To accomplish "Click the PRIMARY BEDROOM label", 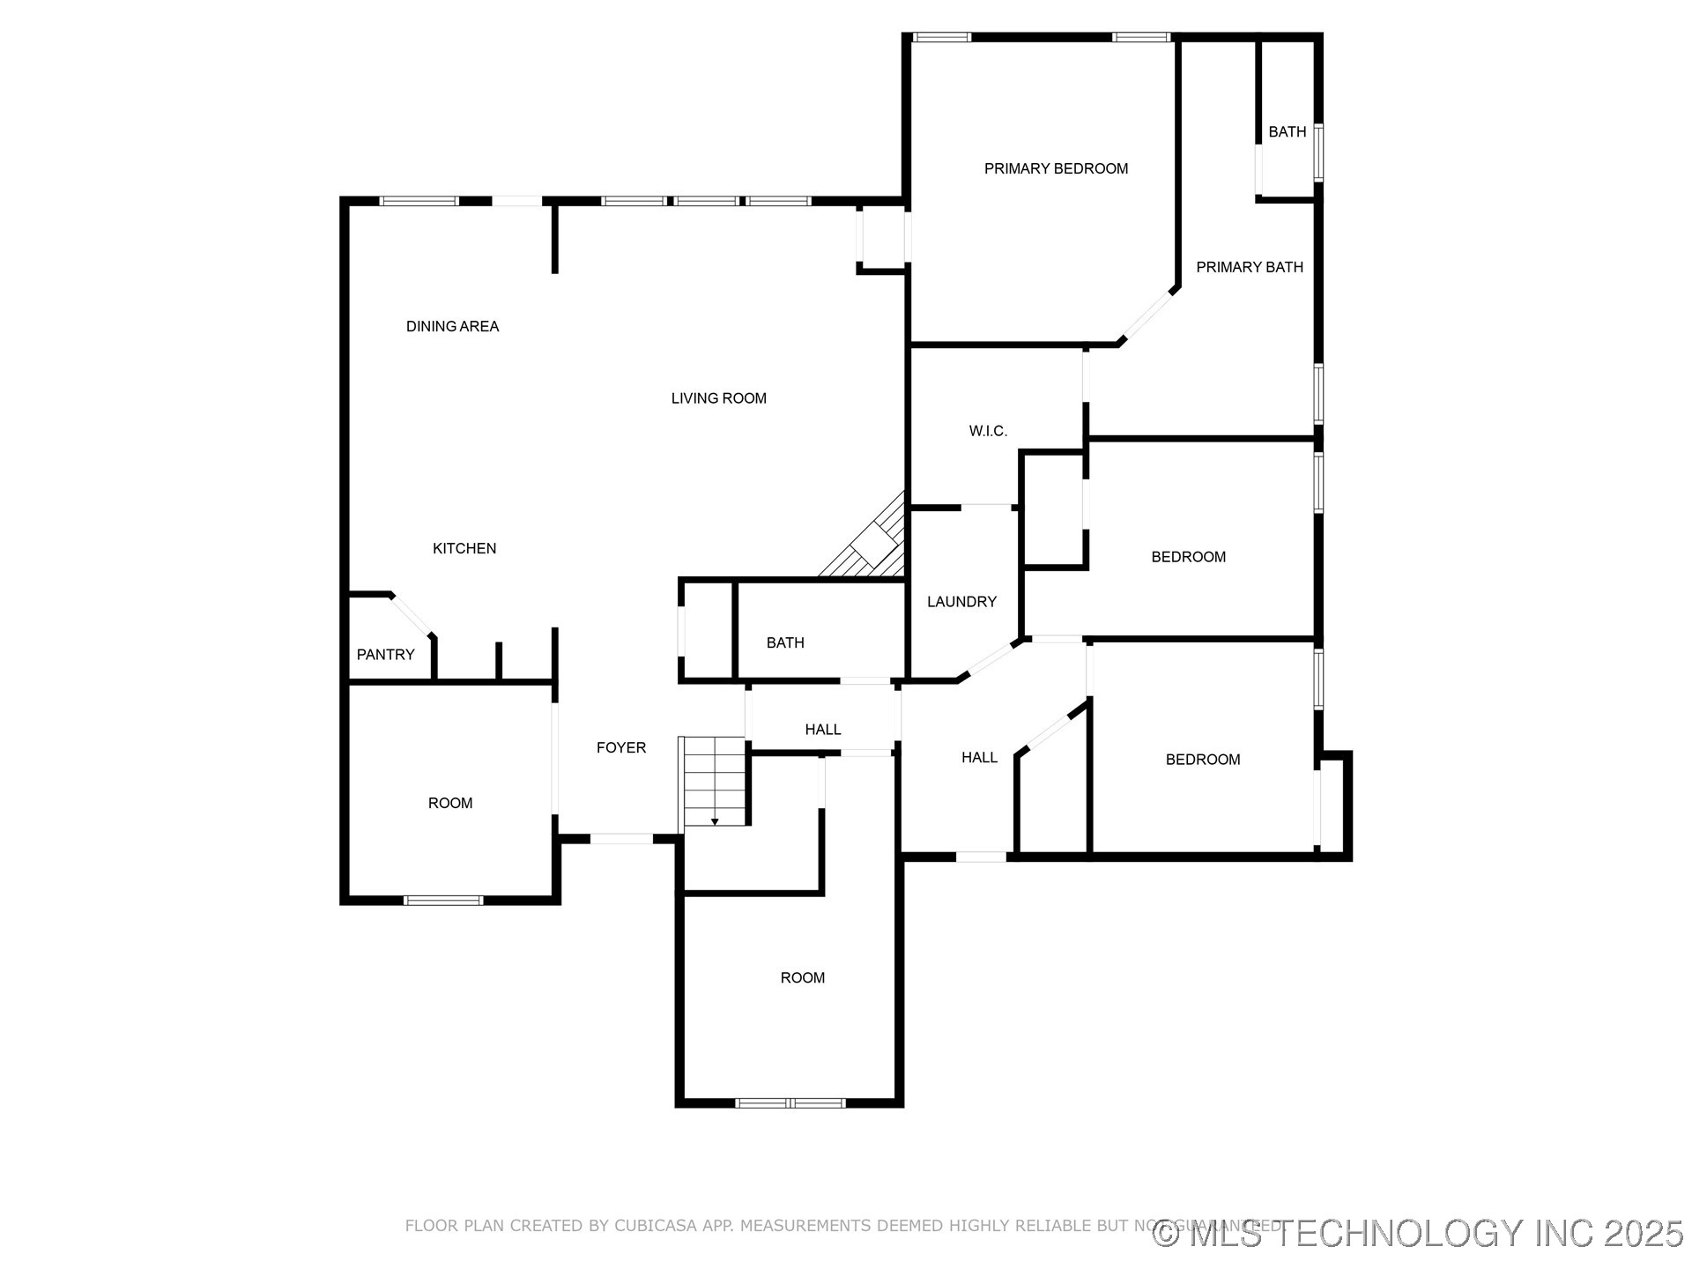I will tap(1056, 168).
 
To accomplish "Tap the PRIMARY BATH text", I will tap(1249, 267).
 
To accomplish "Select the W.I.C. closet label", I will tap(988, 431).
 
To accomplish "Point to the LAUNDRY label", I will tap(961, 602).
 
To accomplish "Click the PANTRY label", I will tap(385, 655).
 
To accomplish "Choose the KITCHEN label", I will tap(464, 548).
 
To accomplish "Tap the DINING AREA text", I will tap(452, 326).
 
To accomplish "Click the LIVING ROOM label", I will tap(718, 398).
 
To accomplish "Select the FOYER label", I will tap(621, 747).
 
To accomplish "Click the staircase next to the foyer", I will tap(715, 780).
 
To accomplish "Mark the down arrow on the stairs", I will tap(715, 820).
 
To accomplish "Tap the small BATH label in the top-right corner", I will tap(1287, 132).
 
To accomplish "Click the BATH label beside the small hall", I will tap(784, 643).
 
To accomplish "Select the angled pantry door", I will tap(412, 615).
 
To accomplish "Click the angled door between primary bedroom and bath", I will tap(1148, 315).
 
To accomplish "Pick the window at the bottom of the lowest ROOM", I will tap(790, 1102).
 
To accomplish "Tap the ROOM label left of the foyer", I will tap(450, 803).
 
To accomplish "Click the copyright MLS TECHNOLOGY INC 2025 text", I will tap(1419, 1233).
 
